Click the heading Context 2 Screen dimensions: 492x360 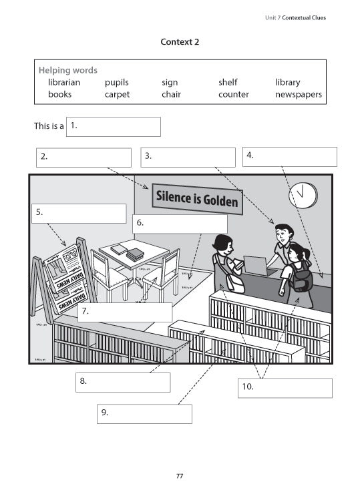click(x=180, y=41)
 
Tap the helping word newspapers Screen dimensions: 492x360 click(x=298, y=94)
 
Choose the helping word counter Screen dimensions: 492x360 click(x=233, y=94)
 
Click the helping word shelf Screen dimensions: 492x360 click(x=228, y=82)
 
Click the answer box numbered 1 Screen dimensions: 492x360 click(x=114, y=126)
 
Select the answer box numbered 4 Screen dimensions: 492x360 click(x=289, y=156)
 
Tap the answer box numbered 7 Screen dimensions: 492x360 click(x=125, y=312)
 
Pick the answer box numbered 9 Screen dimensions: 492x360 click(x=144, y=413)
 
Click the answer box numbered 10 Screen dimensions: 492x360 click(x=285, y=388)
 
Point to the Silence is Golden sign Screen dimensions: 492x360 click(x=197, y=198)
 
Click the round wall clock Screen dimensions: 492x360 click(x=303, y=194)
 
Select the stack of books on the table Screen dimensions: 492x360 click(x=135, y=254)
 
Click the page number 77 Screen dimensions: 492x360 click(x=180, y=475)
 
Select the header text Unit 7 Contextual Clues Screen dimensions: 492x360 click(x=295, y=17)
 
